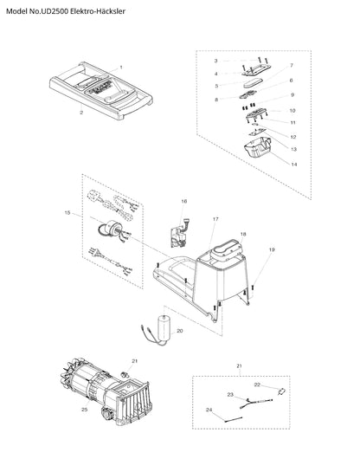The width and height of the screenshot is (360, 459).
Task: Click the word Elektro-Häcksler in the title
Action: [x=98, y=11]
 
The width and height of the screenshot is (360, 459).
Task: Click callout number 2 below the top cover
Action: [x=81, y=113]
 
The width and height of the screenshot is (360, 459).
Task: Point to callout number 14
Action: [x=294, y=165]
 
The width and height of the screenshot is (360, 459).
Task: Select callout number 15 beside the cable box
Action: [x=67, y=213]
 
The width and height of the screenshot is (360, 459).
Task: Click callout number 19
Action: [x=272, y=249]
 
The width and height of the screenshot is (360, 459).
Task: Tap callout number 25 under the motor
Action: [x=85, y=410]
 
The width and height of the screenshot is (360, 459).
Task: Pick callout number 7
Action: [x=292, y=65]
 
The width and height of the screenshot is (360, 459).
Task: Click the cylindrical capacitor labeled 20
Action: [x=164, y=327]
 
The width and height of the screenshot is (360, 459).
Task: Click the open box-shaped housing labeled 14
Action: [x=258, y=147]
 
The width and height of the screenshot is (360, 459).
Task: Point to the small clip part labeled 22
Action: [x=281, y=391]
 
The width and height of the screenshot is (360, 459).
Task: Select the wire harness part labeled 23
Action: [x=256, y=404]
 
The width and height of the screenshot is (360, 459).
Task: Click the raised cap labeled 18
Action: [x=228, y=250]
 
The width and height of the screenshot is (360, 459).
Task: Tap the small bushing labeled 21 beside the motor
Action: [x=125, y=374]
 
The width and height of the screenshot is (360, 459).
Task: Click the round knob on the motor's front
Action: [x=106, y=413]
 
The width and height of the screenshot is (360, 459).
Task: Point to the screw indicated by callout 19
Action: [x=253, y=288]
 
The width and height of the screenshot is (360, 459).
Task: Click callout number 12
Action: [x=293, y=137]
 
